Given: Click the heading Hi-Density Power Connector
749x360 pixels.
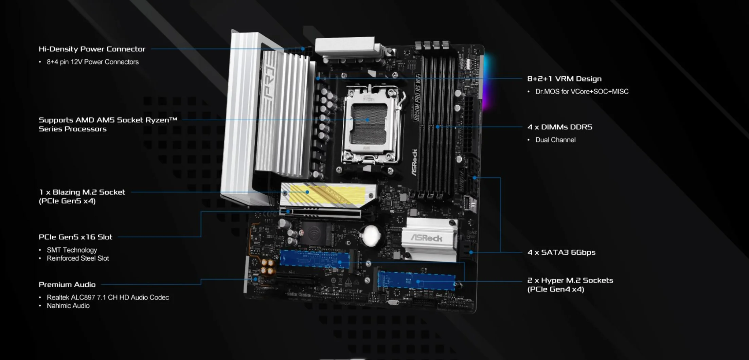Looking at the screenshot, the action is [x=92, y=49].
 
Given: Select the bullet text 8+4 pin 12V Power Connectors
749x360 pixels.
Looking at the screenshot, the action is [x=93, y=62].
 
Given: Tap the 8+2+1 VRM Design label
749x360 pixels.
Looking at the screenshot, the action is [x=564, y=79].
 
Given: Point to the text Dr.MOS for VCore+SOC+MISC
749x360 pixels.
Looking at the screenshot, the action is [x=582, y=91].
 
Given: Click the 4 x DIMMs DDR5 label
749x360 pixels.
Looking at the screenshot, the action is [x=560, y=127].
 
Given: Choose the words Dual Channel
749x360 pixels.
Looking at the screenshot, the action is [x=555, y=140].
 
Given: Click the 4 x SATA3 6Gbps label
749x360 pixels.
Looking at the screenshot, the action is [x=561, y=252].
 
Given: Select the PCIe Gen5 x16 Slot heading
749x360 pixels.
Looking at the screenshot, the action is [x=75, y=237].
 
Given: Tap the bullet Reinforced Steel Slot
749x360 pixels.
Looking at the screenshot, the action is [x=78, y=258].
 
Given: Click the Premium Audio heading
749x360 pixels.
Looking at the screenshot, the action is [x=67, y=285].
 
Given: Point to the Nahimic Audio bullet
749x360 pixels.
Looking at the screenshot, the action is [x=68, y=306].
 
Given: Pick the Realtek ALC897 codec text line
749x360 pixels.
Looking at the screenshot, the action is [x=108, y=298].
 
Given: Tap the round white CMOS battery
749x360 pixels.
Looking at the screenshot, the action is [x=371, y=235].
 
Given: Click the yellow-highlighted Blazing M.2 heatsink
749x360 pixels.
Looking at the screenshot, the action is [x=328, y=195].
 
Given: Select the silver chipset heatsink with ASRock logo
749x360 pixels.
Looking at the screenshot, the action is [x=429, y=239].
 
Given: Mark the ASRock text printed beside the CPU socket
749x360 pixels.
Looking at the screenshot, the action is [x=415, y=162].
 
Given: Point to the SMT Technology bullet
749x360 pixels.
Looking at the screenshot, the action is [x=72, y=250].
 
